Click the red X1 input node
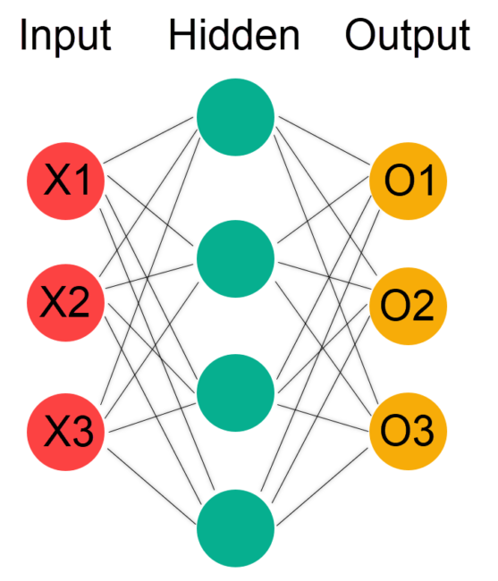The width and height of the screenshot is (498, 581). [67, 182]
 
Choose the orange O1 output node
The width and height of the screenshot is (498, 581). [409, 182]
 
